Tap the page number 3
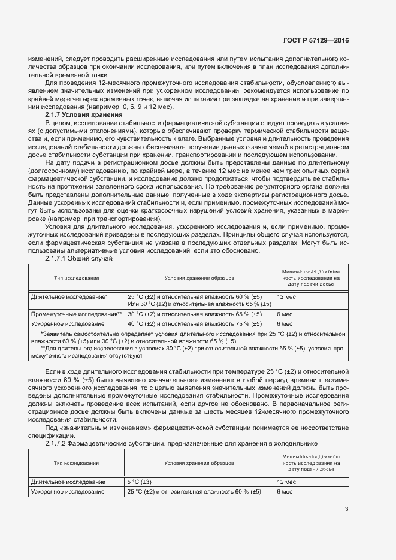click(x=346, y=509)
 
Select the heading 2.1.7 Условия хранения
click(x=84, y=114)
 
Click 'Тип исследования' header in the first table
click(x=77, y=278)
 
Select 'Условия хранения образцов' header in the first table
click(x=199, y=278)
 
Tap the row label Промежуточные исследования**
click(x=77, y=314)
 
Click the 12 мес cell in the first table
click(x=286, y=296)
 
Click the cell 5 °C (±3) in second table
click(x=139, y=482)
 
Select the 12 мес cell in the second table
click(x=286, y=482)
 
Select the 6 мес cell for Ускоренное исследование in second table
click(x=284, y=491)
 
